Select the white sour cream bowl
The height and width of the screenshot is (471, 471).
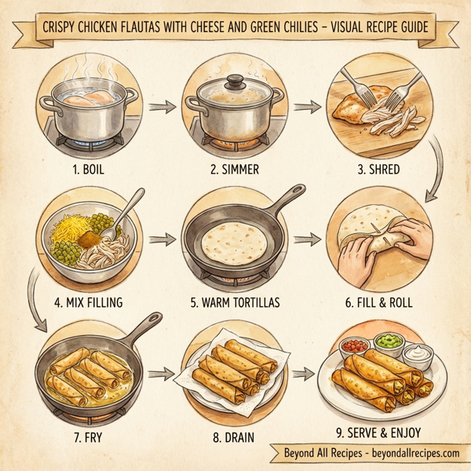click(418, 355)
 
